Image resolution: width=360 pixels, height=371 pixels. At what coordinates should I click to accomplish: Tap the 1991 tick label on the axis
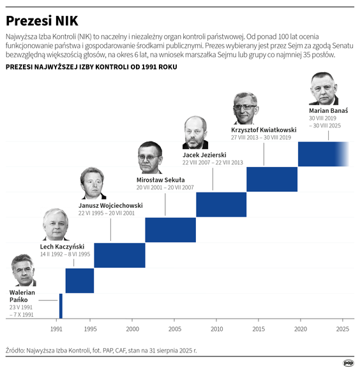[57, 329]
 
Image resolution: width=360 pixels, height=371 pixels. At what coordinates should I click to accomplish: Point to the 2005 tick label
[174, 329]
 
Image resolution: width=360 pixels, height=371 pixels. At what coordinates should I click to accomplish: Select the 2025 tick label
[343, 329]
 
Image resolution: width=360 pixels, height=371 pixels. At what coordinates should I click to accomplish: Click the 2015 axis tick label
[259, 329]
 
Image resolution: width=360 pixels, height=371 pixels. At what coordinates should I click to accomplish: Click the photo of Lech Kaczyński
[56, 224]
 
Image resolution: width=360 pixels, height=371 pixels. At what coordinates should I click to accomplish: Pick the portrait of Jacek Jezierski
[195, 133]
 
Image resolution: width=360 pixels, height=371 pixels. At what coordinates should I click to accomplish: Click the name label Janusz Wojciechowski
[110, 206]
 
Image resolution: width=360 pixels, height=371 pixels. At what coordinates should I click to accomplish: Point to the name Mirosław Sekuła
[160, 180]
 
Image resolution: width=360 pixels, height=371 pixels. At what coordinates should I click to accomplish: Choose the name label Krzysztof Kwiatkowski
[263, 130]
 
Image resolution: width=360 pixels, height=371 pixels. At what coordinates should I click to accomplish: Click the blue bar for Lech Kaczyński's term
[80, 280]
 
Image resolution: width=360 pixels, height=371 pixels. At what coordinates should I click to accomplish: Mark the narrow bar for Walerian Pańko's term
[61, 306]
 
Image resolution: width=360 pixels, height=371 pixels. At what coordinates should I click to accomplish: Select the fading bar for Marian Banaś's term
[322, 154]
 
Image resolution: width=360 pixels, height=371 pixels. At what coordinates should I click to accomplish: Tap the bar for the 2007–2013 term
[221, 204]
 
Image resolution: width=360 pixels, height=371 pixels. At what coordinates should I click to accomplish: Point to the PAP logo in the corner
[349, 363]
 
